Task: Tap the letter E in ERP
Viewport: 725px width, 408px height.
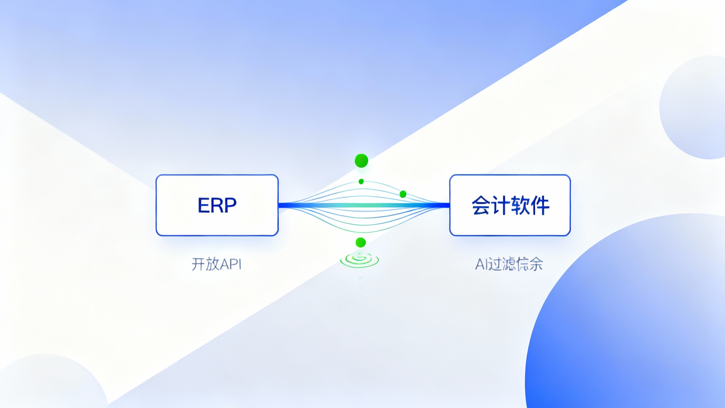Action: [x=204, y=206]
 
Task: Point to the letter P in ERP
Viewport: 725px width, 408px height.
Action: [x=230, y=206]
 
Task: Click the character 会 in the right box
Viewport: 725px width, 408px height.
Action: [x=481, y=206]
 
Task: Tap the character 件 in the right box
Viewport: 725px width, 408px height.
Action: [x=540, y=206]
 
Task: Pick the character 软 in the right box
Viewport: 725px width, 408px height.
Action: [x=520, y=206]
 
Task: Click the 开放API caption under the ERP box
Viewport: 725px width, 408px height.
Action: [x=216, y=264]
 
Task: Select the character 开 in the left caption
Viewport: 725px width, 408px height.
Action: [x=198, y=264]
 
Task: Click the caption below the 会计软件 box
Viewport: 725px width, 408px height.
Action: [x=509, y=264]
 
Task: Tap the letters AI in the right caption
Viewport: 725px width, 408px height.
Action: [x=481, y=264]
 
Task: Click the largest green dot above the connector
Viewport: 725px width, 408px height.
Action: [x=361, y=161]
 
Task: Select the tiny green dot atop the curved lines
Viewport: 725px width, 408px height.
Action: [x=361, y=182]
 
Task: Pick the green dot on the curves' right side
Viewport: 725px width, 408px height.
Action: [x=403, y=194]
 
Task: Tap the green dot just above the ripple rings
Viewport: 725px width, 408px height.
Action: [x=361, y=242]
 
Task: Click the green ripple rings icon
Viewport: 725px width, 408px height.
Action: [x=359, y=260]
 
